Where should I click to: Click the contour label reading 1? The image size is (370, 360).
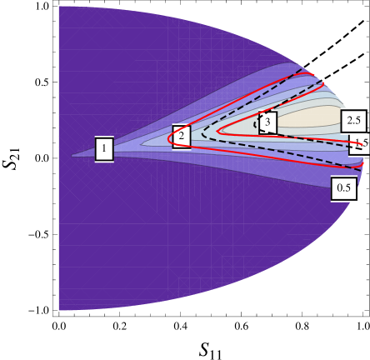coord(104,149)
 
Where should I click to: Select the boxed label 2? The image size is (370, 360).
coord(181,136)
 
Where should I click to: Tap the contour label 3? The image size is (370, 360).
coord(267,122)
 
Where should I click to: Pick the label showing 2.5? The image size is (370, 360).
coord(353,121)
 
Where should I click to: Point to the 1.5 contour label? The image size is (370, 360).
coord(360,143)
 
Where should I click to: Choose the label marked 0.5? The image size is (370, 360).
coord(343,188)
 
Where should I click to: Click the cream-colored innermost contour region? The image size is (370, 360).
coord(308,117)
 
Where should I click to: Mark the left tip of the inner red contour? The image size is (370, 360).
coord(217,130)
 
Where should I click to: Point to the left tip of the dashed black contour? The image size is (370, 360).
coord(202,134)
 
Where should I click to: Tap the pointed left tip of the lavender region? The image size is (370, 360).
coord(72,156)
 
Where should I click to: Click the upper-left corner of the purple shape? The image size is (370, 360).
coord(59,7)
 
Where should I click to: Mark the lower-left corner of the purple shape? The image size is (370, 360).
coord(59,310)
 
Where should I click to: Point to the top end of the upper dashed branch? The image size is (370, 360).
coord(302,70)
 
